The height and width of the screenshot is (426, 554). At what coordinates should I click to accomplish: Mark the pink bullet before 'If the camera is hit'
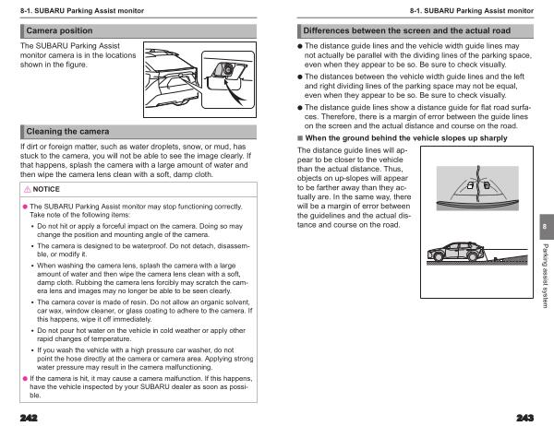click(x=24, y=378)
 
